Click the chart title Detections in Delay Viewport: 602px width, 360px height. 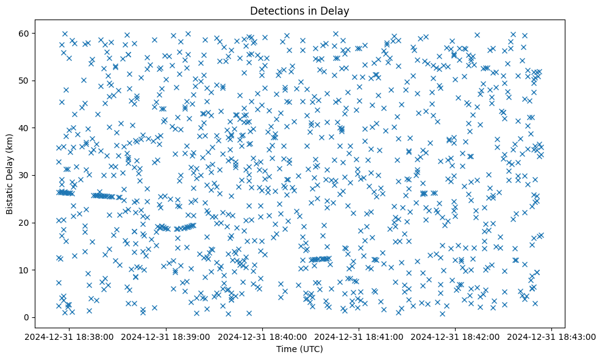299,10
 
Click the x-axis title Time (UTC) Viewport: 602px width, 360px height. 299,350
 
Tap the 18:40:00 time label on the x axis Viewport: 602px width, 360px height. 263,336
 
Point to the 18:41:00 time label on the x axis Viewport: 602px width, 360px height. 360,336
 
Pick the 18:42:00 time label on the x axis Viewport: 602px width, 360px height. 456,336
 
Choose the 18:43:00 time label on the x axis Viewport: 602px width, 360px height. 553,336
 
